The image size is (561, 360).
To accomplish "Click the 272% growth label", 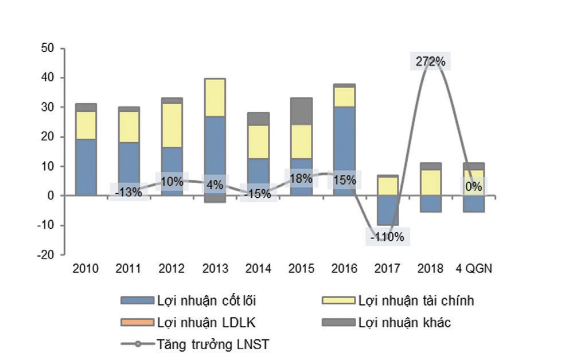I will (428, 61).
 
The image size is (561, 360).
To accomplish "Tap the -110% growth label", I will (388, 236).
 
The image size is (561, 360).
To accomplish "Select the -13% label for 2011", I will (128, 193).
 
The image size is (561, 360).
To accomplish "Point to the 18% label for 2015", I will (301, 178).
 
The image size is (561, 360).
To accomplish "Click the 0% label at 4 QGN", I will (474, 187).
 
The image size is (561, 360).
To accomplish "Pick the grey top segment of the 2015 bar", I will (301, 111).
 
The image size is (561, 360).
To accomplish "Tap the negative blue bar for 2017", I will (388, 210).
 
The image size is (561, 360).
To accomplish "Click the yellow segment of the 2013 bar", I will (215, 97).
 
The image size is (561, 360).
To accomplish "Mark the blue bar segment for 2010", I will (85, 167).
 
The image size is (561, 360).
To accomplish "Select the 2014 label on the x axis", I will (258, 269).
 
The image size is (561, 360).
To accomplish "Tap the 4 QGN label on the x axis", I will (474, 269).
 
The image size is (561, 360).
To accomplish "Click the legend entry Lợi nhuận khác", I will (404, 323).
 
